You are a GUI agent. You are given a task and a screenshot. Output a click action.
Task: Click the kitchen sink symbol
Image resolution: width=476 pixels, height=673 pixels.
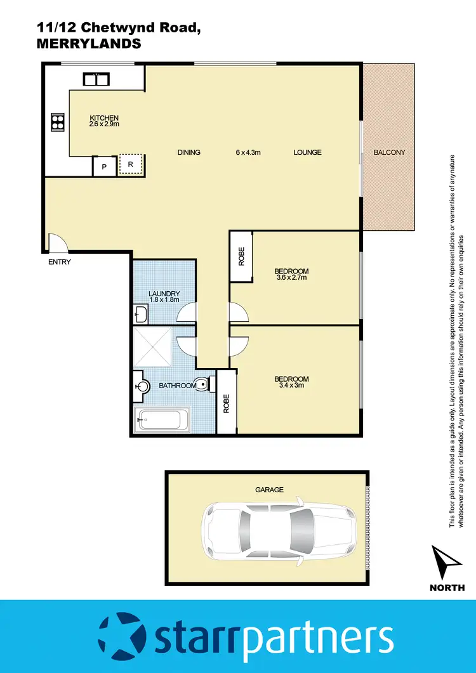click(97, 79)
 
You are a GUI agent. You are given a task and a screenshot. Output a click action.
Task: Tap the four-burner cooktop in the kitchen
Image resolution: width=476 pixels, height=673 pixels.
click(58, 121)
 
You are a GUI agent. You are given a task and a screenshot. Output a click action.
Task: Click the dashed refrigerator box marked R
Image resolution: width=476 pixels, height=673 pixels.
click(131, 164)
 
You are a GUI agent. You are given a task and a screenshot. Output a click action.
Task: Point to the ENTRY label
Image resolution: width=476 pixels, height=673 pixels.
click(60, 262)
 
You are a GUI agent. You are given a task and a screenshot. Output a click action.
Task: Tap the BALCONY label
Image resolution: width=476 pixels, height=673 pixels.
click(389, 152)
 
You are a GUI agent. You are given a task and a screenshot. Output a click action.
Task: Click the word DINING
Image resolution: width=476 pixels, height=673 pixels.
click(188, 152)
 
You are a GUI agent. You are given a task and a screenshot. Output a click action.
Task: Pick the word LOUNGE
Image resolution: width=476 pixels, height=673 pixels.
click(307, 152)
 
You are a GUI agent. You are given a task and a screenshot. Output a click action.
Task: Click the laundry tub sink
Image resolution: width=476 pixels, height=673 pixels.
click(141, 313)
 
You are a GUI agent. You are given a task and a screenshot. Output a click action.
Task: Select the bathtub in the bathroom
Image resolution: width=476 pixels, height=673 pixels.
click(162, 420)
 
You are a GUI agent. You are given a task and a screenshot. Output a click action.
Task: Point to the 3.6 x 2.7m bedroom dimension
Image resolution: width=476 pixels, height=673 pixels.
click(292, 277)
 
